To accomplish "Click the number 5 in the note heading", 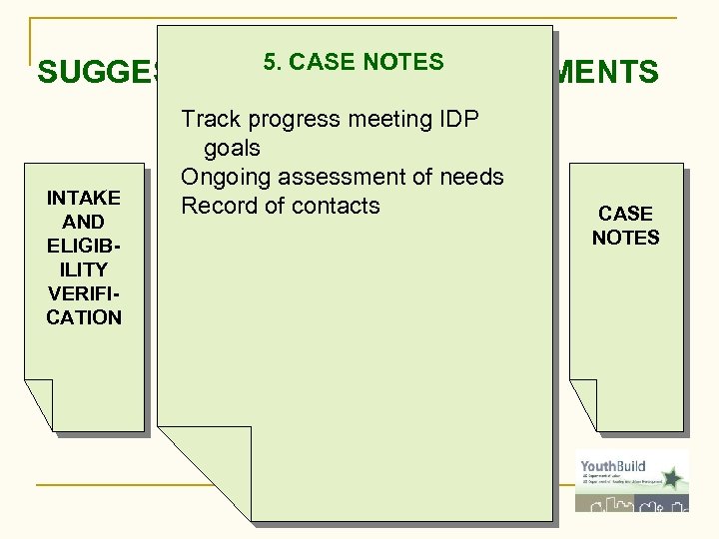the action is (270, 62).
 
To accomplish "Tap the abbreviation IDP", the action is (458, 120).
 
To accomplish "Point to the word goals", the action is (232, 149).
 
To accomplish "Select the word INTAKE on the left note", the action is (84, 198).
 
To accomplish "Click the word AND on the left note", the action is (84, 222).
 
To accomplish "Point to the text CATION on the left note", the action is (84, 317).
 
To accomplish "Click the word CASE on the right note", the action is (626, 214).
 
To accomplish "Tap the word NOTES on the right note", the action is (626, 238).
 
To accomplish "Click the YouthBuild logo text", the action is (612, 466).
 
